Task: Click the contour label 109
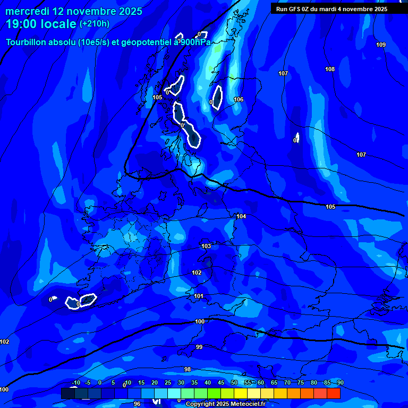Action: tap(381, 45)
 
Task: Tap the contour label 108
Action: tap(330, 70)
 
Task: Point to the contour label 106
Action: tap(239, 99)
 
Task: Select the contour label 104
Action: tap(241, 216)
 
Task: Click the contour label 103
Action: tap(206, 246)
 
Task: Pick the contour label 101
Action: tap(199, 296)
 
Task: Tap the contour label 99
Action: tap(199, 347)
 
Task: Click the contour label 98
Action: tap(188, 369)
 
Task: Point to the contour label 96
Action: tap(137, 404)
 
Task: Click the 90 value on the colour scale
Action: tap(340, 383)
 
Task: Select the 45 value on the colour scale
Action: tap(221, 383)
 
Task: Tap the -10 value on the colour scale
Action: tap(75, 383)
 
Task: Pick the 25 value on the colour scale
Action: tap(168, 383)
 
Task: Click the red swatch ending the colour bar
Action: tap(334, 393)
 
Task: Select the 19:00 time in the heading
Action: tap(23, 23)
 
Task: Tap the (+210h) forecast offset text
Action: tap(95, 24)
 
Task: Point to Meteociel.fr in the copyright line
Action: tap(250, 404)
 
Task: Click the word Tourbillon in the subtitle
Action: tap(27, 42)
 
